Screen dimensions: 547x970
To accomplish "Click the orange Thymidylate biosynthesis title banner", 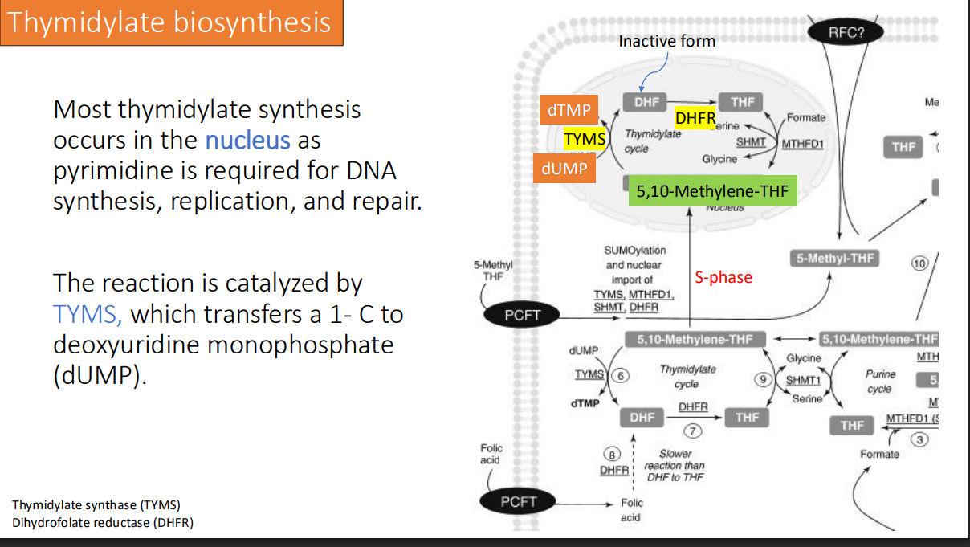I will (171, 22).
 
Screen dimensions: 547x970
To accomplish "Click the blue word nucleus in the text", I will (247, 141).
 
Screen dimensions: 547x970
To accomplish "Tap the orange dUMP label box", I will (564, 169).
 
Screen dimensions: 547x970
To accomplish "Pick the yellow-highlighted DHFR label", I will (695, 119).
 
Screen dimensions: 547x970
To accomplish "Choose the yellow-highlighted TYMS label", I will (585, 139).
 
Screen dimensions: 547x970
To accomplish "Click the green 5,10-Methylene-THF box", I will (712, 190).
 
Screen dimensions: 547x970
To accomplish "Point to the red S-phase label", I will (723, 277).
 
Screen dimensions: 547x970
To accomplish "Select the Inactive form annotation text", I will (666, 40).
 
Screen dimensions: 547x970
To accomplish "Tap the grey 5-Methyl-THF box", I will (834, 259).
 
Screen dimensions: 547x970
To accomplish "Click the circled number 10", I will (919, 263).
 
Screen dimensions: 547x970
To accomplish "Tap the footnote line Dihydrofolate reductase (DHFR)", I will (103, 523).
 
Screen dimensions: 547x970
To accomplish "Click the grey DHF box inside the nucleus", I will (646, 102).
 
